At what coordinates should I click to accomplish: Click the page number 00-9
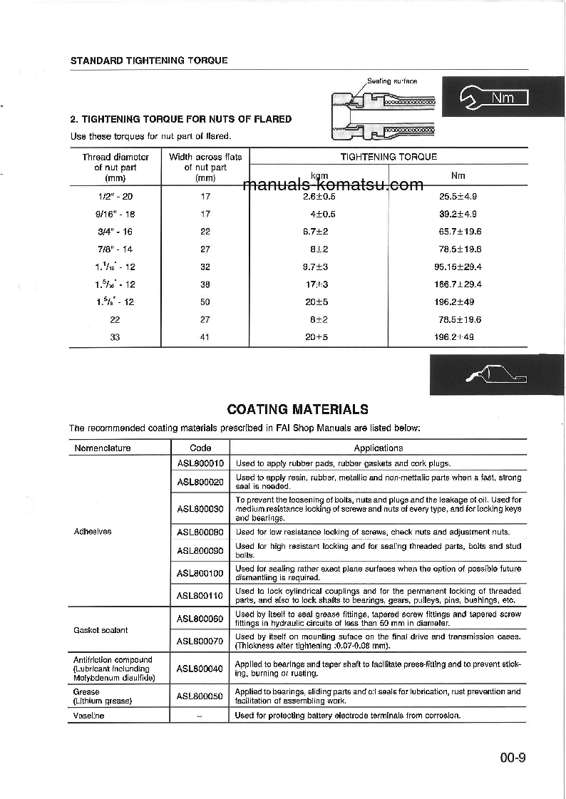point(512,758)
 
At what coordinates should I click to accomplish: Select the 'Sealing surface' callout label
point(391,81)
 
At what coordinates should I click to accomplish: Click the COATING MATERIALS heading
point(297,409)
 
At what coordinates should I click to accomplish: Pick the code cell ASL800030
point(200,509)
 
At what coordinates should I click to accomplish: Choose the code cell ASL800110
point(200,595)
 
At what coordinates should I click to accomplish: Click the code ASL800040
point(200,669)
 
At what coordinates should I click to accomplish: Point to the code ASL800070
point(200,641)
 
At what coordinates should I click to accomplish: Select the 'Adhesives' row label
point(93,532)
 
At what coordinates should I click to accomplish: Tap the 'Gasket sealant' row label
point(100,630)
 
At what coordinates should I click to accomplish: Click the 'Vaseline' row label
point(88,715)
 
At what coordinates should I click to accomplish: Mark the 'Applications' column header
point(378,448)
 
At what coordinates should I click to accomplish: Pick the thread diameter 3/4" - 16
point(115,232)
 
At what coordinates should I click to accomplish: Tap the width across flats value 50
point(205,301)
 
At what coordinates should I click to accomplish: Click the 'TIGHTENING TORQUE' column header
point(389,156)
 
